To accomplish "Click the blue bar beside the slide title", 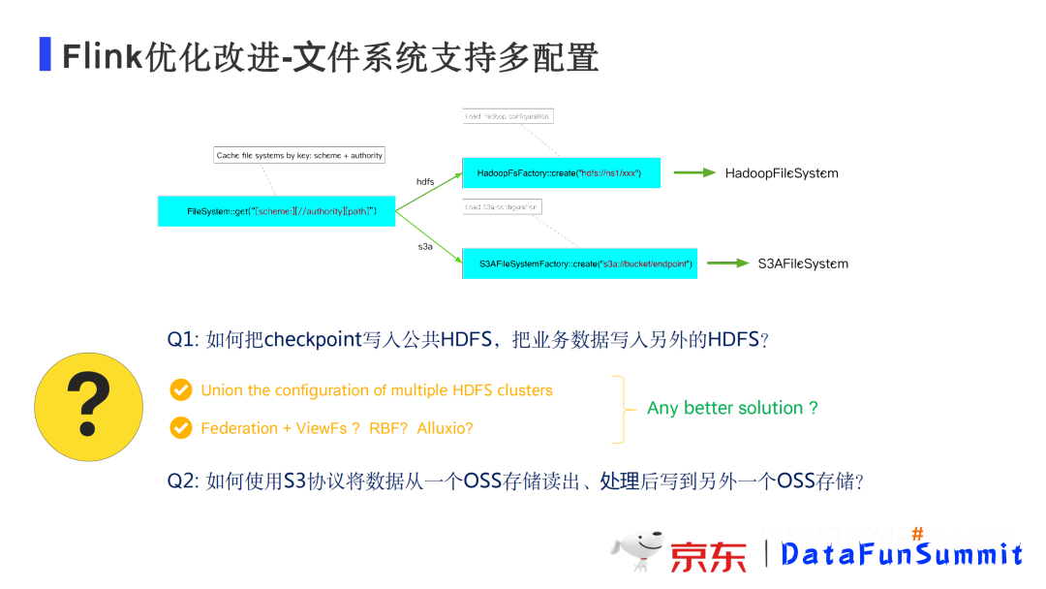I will (45, 54).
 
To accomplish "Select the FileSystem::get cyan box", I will (276, 210).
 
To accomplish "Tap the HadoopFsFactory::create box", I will (561, 172).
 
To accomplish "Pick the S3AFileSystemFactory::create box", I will (579, 263).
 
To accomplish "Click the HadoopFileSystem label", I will (782, 173).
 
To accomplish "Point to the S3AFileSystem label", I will (803, 263).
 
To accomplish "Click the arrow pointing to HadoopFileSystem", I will (694, 173).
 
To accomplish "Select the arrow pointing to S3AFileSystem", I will (727, 263).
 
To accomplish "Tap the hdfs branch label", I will (425, 181).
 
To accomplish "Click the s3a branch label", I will (425, 247).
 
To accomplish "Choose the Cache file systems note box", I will (299, 155).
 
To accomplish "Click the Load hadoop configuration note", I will (507, 116).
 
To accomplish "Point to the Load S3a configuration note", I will (501, 206).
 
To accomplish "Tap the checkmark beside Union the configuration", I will (180, 390).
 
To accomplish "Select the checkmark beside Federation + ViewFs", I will (180, 427).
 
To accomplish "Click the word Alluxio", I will (445, 428).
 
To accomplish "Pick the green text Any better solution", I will (732, 408).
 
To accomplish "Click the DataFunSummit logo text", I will (901, 554).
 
